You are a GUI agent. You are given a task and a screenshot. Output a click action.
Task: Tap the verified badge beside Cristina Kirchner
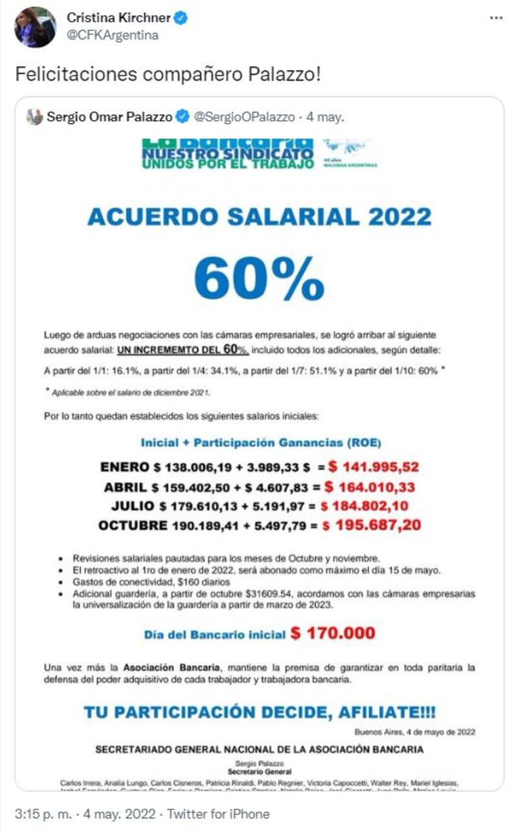[181, 19]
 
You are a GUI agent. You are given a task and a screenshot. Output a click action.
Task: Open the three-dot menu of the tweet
[496, 18]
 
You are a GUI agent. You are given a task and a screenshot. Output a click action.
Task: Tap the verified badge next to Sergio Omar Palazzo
[183, 117]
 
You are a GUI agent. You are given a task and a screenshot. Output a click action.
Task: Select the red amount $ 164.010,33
[369, 487]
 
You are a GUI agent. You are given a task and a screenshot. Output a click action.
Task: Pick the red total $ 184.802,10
[372, 506]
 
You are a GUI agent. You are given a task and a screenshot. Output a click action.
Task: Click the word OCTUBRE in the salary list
[133, 525]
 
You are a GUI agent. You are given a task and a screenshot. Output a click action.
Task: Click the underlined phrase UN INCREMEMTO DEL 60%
[183, 350]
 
